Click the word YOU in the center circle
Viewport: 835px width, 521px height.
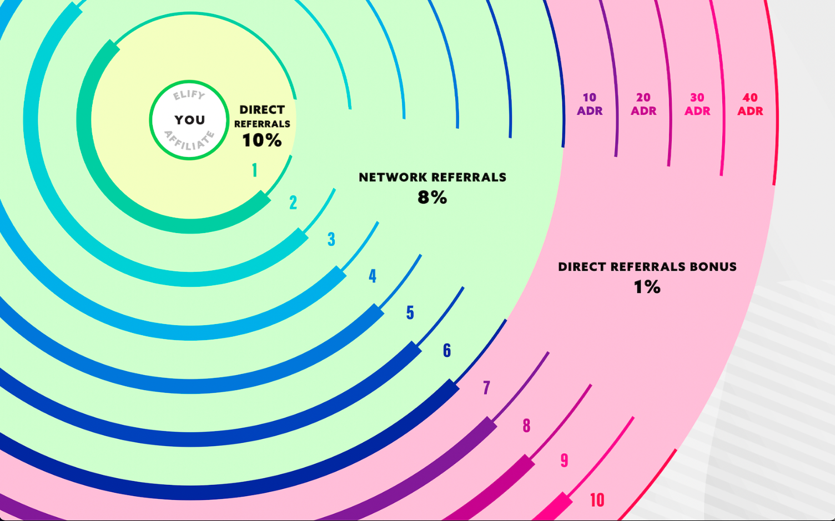click(x=189, y=120)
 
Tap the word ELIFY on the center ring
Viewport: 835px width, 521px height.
click(x=189, y=95)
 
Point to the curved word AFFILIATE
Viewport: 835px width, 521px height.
click(x=189, y=141)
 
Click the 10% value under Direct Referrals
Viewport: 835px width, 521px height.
click(x=261, y=140)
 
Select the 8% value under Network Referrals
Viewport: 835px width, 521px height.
click(x=432, y=197)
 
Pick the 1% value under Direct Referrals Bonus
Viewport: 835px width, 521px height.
click(x=647, y=286)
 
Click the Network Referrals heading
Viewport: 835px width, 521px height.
click(x=432, y=178)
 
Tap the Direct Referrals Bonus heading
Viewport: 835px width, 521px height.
click(x=647, y=267)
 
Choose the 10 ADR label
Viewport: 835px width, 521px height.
click(x=589, y=104)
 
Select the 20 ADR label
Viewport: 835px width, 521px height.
click(x=643, y=104)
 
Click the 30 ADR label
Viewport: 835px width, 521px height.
click(x=697, y=104)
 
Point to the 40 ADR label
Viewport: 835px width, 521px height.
click(x=750, y=104)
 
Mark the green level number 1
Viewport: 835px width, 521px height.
click(x=255, y=170)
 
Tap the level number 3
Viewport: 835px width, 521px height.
click(x=331, y=239)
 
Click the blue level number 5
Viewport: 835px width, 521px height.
click(x=410, y=313)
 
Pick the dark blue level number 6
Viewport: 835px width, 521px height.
click(x=447, y=350)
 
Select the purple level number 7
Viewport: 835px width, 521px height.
click(x=486, y=387)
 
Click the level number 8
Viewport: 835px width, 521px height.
click(x=526, y=426)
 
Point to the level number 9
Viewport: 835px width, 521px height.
click(x=564, y=461)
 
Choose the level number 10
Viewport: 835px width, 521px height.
click(x=597, y=500)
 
